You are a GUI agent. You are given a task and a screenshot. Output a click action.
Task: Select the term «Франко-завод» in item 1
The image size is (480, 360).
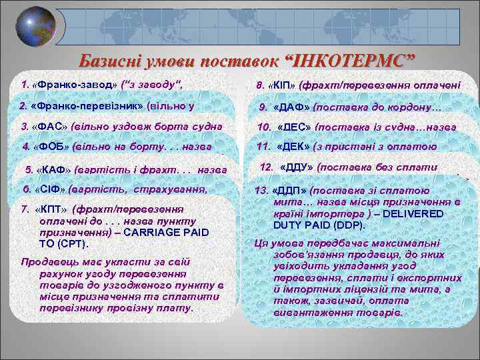point(69,85)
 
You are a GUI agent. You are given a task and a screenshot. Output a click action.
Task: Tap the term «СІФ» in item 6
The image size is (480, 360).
point(49,189)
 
